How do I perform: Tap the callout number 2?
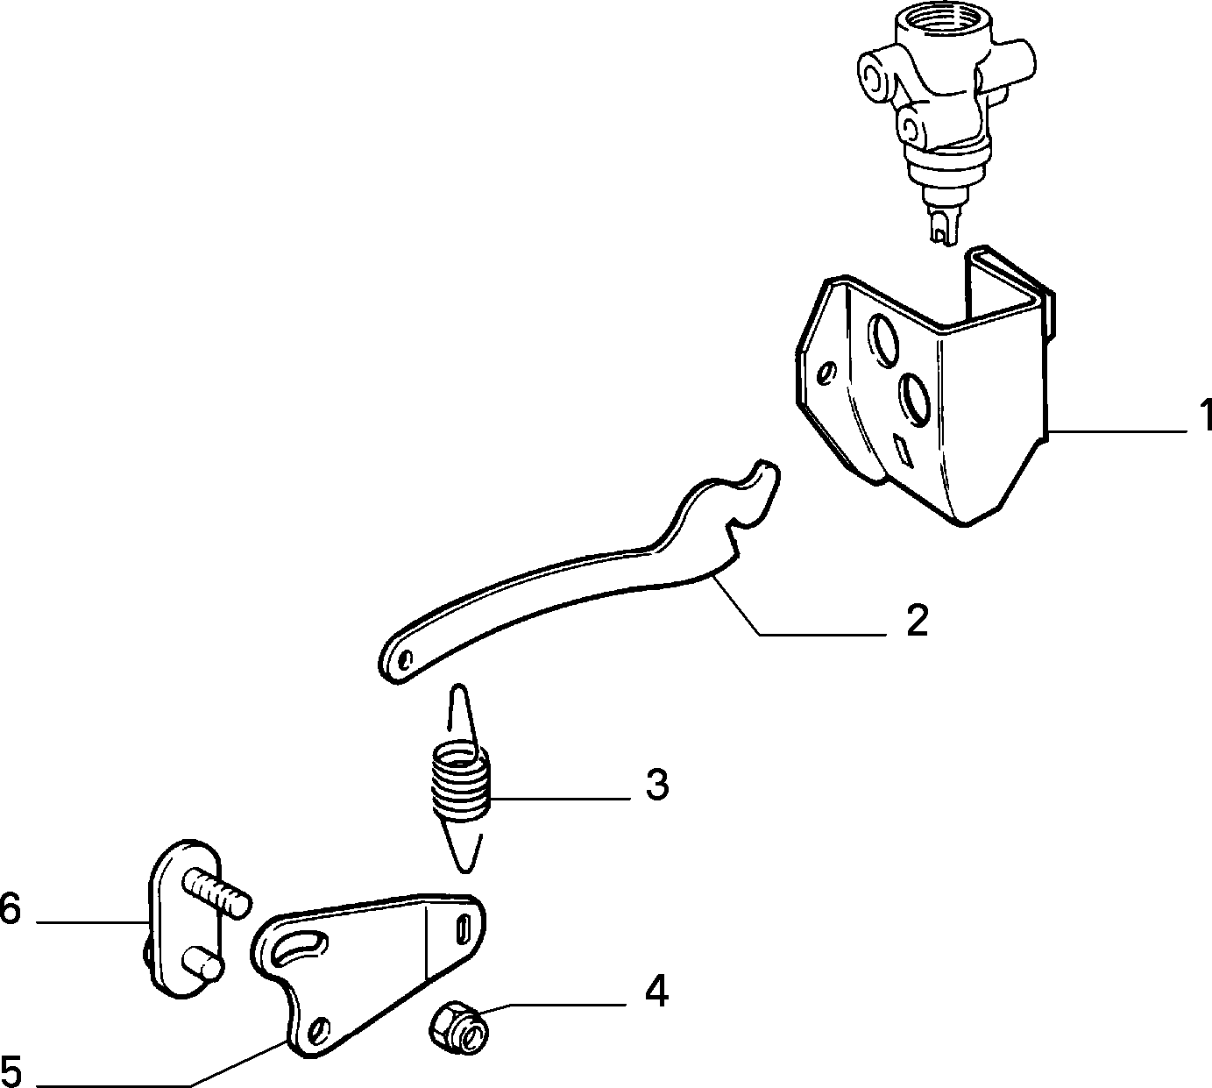tap(917, 621)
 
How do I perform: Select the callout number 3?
tap(657, 786)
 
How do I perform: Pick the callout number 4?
tap(656, 992)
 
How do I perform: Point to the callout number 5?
tap(11, 1071)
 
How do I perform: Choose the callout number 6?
tap(11, 907)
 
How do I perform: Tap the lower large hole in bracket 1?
tap(915, 401)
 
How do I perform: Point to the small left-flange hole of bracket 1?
tap(827, 373)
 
